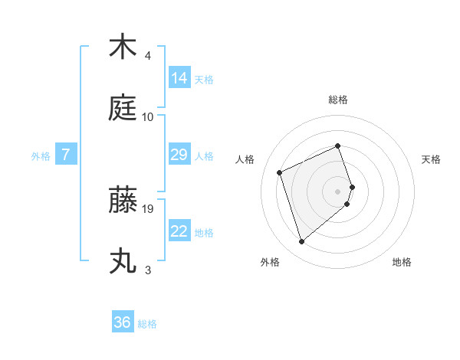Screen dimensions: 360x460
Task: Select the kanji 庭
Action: click(123, 109)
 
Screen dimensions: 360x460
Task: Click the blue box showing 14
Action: click(179, 77)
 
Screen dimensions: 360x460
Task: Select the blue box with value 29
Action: click(179, 155)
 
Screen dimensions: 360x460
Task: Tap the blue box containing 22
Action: click(179, 231)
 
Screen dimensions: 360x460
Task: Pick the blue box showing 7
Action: click(66, 155)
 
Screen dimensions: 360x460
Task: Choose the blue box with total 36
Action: click(123, 322)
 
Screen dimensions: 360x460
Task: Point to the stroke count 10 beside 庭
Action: click(148, 116)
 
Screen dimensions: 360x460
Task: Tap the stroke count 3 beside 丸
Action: click(148, 270)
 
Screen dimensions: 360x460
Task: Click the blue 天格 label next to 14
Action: click(204, 79)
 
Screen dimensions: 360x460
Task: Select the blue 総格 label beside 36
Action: click(147, 324)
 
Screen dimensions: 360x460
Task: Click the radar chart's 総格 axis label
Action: click(338, 100)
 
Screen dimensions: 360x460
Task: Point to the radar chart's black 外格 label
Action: click(270, 262)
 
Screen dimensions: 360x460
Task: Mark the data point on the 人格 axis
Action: click(281, 172)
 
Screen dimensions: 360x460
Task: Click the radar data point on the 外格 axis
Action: click(302, 242)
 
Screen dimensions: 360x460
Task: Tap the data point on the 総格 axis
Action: click(338, 146)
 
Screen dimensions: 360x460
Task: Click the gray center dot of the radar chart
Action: click(338, 191)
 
